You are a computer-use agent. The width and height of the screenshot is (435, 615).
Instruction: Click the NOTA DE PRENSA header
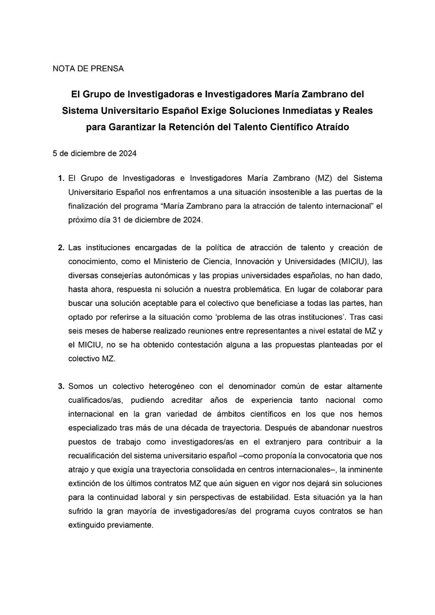[88, 68]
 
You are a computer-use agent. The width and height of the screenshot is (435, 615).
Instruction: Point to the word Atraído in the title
[331, 127]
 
